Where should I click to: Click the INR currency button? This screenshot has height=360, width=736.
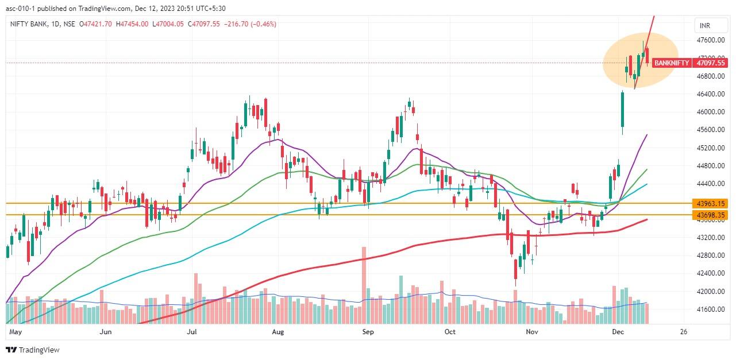point(704,26)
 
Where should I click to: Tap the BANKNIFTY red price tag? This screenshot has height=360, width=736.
point(671,63)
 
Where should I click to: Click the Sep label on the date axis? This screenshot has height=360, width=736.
point(368,332)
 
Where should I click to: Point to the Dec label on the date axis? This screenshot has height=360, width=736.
point(618,332)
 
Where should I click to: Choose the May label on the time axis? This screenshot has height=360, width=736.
point(16,332)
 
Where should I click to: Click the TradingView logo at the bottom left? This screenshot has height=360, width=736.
point(33,350)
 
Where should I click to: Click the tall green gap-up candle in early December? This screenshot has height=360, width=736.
point(622,110)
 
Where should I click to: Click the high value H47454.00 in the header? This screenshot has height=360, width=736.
point(130,24)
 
